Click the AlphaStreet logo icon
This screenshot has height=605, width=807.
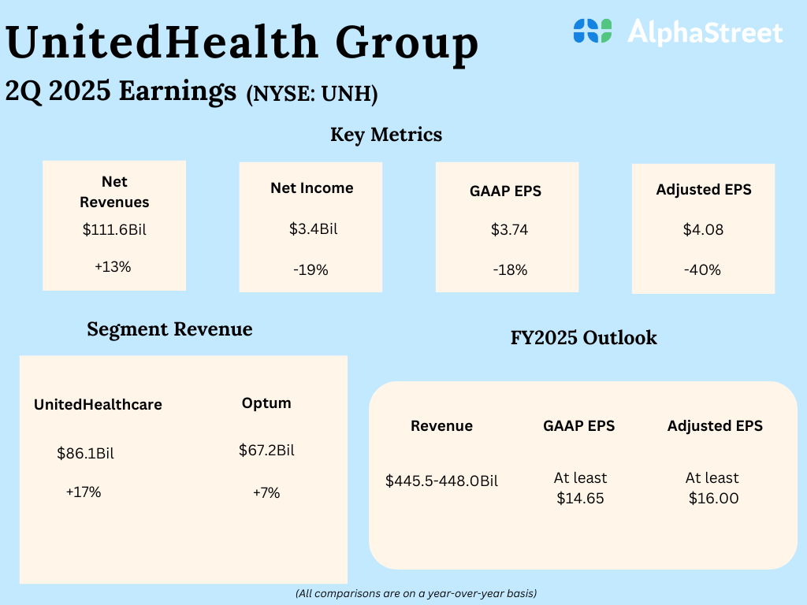click(x=593, y=31)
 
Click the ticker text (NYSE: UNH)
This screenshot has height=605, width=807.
click(x=312, y=95)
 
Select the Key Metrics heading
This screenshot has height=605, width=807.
click(x=386, y=135)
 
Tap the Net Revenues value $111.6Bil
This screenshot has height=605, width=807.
click(x=114, y=231)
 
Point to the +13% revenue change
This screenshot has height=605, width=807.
click(x=113, y=266)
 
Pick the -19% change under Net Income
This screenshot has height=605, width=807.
click(x=310, y=270)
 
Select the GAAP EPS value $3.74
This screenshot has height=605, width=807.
click(x=509, y=230)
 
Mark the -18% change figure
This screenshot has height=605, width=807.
click(x=509, y=270)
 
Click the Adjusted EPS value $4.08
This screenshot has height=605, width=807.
click(x=702, y=230)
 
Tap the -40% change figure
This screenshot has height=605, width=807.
click(x=702, y=270)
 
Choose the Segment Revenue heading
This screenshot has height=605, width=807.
click(x=169, y=329)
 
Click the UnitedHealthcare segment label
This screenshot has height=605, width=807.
click(x=98, y=405)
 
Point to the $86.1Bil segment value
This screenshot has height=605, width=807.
click(x=91, y=453)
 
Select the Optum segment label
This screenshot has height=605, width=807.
click(x=266, y=403)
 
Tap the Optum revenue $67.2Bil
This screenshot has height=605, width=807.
click(x=266, y=451)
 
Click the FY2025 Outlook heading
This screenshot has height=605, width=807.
click(x=584, y=338)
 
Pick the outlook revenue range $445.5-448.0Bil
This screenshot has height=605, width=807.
click(x=441, y=481)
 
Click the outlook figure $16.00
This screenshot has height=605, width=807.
click(x=713, y=499)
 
